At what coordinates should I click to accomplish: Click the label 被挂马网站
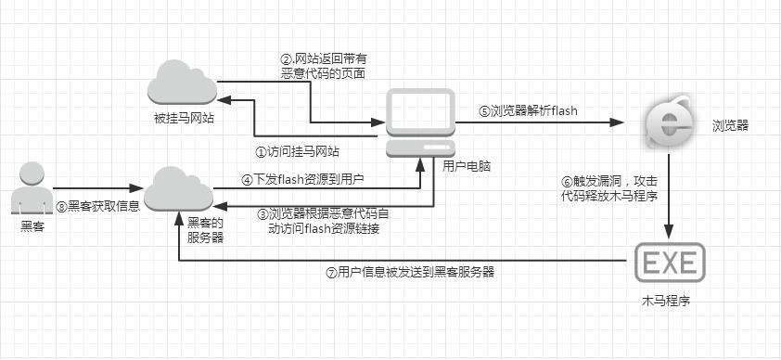point(185,118)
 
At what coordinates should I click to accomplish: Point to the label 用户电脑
point(467,166)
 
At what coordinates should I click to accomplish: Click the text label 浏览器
point(730,122)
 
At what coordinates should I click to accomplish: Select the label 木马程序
point(667,302)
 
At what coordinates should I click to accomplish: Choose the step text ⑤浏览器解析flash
point(528,110)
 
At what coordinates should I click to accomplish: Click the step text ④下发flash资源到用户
point(302,179)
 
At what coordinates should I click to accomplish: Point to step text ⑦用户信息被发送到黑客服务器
point(410,272)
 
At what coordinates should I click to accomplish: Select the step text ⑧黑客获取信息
point(97,206)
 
